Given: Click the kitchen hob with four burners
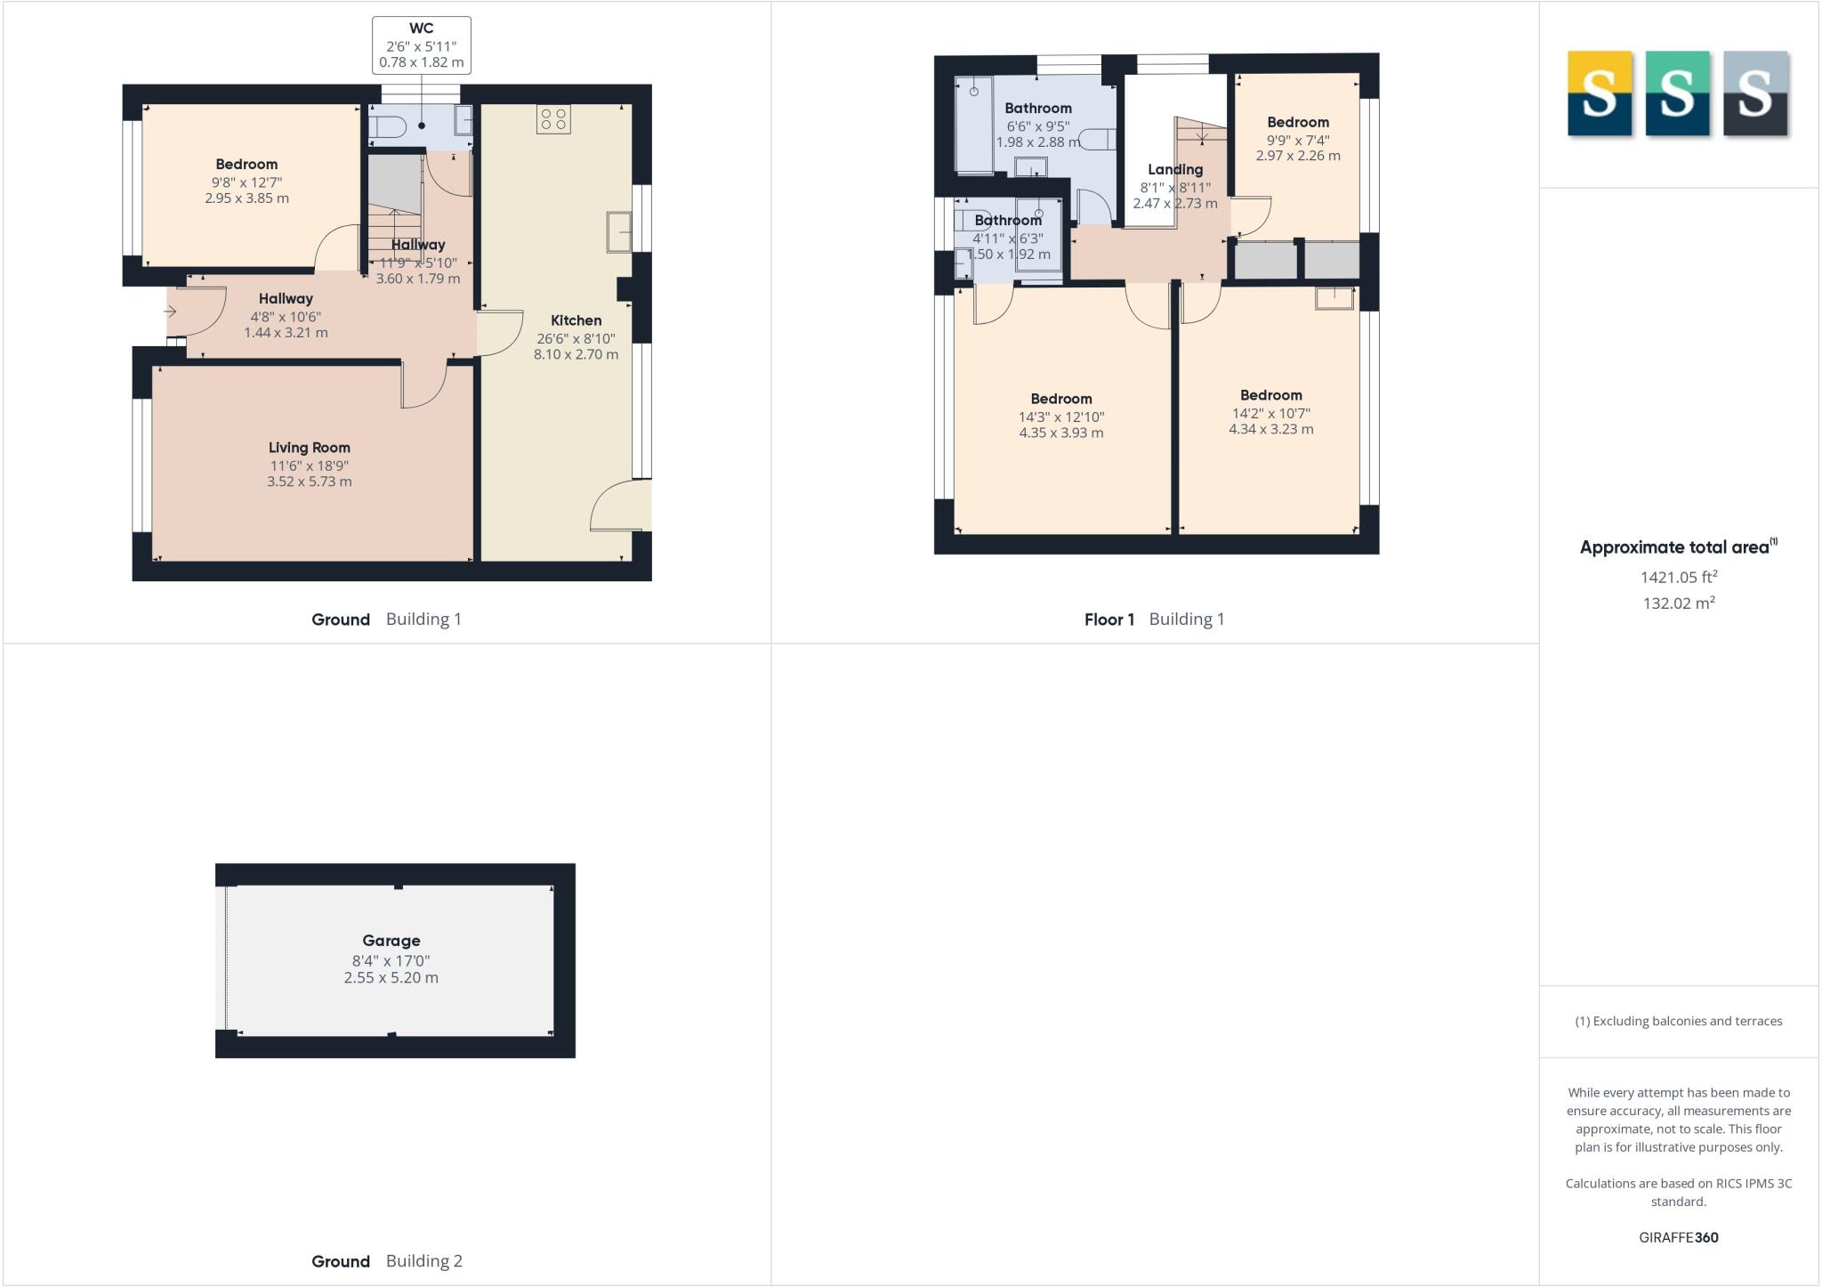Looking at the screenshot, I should [552, 119].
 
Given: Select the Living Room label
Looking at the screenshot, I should [309, 448].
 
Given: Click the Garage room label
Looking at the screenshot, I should [391, 941].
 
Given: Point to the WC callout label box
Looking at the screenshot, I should [421, 45].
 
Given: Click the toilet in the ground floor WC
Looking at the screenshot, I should [387, 128].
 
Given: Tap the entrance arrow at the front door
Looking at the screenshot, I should [170, 312].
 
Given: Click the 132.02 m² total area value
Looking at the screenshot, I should [1678, 603].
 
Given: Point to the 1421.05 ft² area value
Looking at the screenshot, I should [1678, 577].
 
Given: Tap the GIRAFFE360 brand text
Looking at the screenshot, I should [1678, 1237].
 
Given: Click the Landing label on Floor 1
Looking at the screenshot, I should [1174, 169].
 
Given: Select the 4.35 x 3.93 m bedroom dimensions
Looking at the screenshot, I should [1060, 433].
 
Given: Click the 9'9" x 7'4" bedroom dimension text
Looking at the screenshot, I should [1297, 140].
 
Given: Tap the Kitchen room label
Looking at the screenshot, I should [576, 320].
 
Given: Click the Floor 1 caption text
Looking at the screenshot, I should [1109, 619].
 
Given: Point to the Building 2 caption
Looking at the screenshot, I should [423, 1261].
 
